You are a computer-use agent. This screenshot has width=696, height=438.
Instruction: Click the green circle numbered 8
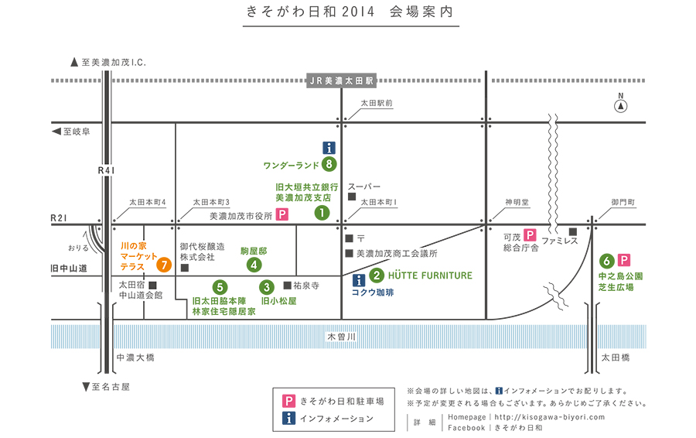coord(329,164)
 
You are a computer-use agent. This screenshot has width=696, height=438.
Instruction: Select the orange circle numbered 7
coord(164,264)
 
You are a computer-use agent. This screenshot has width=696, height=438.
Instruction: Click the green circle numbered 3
coord(267,286)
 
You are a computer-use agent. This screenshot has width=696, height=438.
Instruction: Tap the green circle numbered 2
coord(377,275)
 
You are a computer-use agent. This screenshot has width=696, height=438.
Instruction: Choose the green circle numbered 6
coord(608,261)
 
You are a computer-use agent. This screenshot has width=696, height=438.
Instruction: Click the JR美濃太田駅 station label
coord(340,80)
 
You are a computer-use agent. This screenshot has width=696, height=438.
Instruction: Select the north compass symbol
coord(621,107)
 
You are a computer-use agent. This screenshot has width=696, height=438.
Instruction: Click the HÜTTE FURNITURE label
coord(430,275)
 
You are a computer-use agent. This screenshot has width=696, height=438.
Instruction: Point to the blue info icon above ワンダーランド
coord(329,148)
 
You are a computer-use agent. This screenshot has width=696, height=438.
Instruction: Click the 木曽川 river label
coord(341,337)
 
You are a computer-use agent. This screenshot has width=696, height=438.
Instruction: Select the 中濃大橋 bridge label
coord(135,358)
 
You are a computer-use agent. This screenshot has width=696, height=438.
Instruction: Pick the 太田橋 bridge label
coord(615,358)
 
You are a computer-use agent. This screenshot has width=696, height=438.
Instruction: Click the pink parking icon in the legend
coord(288,401)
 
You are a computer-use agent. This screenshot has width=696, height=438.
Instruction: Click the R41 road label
coord(105,168)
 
